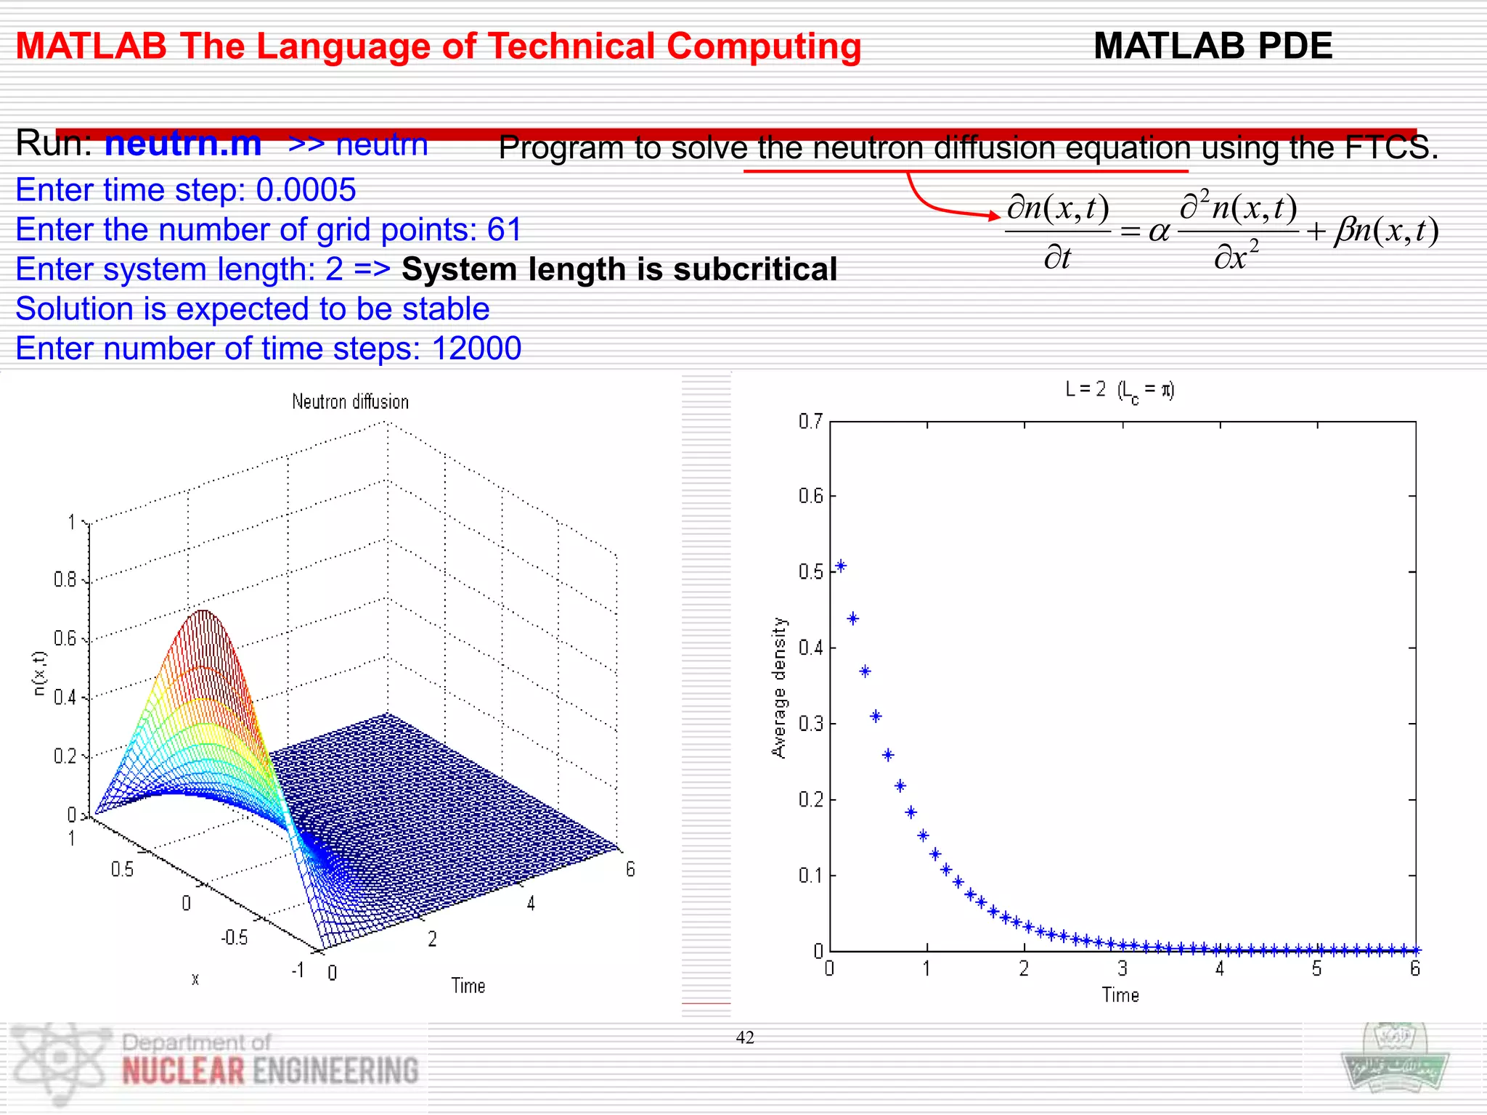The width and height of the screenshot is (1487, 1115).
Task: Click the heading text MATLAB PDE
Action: (1213, 46)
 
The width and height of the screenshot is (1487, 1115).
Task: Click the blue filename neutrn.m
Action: (183, 144)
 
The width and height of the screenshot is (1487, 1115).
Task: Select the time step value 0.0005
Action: (306, 190)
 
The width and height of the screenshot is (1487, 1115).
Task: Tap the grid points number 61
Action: (505, 230)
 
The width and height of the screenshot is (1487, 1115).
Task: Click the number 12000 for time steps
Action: (476, 348)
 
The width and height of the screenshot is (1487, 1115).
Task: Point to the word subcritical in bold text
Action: (755, 269)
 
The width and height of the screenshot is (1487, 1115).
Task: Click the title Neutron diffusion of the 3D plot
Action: (350, 401)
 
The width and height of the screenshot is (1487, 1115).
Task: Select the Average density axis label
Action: (778, 687)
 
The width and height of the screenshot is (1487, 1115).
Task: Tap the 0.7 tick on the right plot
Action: (810, 422)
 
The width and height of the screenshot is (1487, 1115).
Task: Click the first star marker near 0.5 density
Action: (841, 566)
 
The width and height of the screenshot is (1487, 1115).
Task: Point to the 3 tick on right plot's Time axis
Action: (1123, 968)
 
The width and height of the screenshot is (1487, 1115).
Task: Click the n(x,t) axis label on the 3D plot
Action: (39, 673)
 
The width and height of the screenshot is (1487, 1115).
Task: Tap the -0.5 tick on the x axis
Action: (234, 938)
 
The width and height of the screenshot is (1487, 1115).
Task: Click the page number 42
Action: (745, 1037)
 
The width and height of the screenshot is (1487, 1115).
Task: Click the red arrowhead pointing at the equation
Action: (995, 215)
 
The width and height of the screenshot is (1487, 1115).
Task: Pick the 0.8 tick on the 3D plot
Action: (65, 579)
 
